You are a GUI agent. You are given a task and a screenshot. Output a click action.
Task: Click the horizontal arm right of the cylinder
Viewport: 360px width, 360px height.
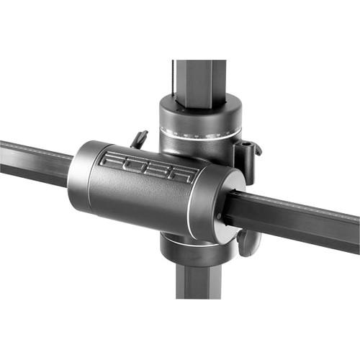coord(302,220)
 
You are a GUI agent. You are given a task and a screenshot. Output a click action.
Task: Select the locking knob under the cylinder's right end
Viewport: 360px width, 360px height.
coord(247,242)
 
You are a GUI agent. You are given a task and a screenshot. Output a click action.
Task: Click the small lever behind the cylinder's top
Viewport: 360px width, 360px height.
coord(139,138)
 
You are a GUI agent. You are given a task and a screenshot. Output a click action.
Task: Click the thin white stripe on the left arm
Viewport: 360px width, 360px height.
coord(36,153)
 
